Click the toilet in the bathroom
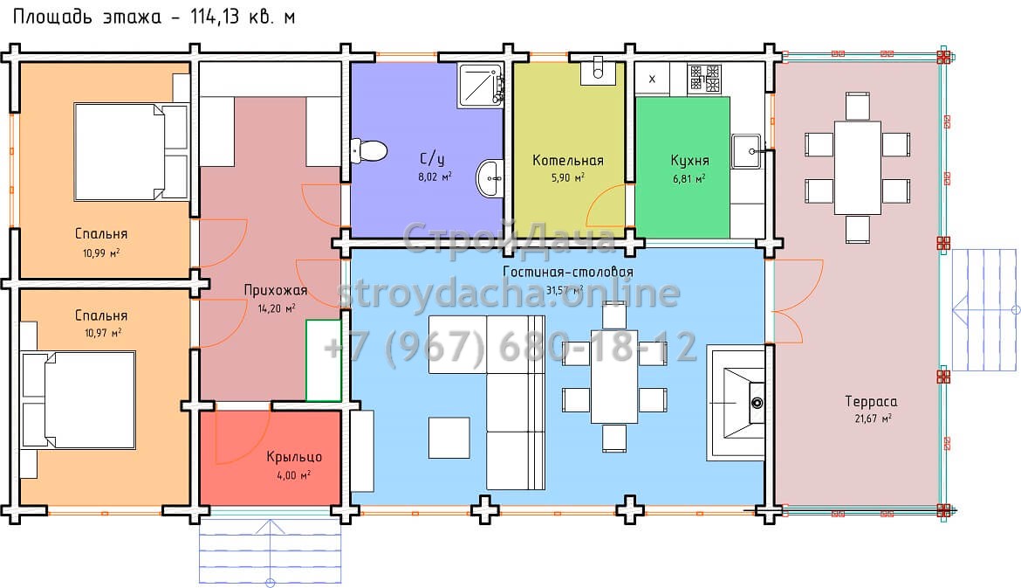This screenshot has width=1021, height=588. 368,150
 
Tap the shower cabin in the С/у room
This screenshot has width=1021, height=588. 481,86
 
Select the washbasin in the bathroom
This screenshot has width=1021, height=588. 489,178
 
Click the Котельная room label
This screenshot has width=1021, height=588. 568,161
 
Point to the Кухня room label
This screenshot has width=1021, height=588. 689,161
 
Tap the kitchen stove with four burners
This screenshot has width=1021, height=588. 705,78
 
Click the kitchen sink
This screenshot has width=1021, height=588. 746,151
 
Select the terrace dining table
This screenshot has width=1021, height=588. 858,168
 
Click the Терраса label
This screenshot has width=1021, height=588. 871,402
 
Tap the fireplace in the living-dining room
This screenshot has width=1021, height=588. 737,403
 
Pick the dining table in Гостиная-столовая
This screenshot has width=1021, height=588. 614,377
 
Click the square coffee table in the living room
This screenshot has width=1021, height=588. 449,438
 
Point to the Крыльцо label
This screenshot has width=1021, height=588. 294,457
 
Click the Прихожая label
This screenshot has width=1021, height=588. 276,290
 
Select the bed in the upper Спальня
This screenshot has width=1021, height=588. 131,151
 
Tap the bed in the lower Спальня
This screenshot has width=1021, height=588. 79,400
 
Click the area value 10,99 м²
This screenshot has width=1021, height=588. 101,252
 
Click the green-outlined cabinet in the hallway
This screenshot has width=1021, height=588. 324,361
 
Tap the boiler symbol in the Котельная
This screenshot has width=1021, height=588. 598,71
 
